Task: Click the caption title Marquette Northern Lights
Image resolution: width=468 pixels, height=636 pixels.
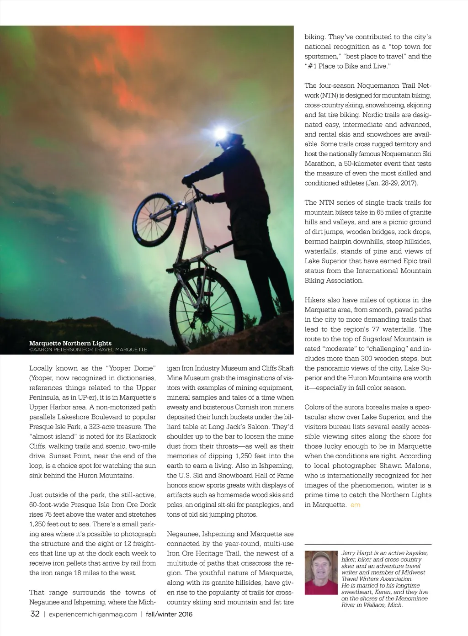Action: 70,343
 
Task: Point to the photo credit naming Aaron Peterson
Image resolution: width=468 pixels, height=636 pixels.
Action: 88,350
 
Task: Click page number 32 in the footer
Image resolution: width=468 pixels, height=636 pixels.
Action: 35,614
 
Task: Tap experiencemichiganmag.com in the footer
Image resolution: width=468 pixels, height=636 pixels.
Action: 92,615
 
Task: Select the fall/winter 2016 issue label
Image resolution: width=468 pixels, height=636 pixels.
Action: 169,615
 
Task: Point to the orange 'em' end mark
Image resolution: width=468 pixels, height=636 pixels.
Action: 355,505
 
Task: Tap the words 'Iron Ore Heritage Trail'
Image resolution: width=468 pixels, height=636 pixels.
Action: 201,553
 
